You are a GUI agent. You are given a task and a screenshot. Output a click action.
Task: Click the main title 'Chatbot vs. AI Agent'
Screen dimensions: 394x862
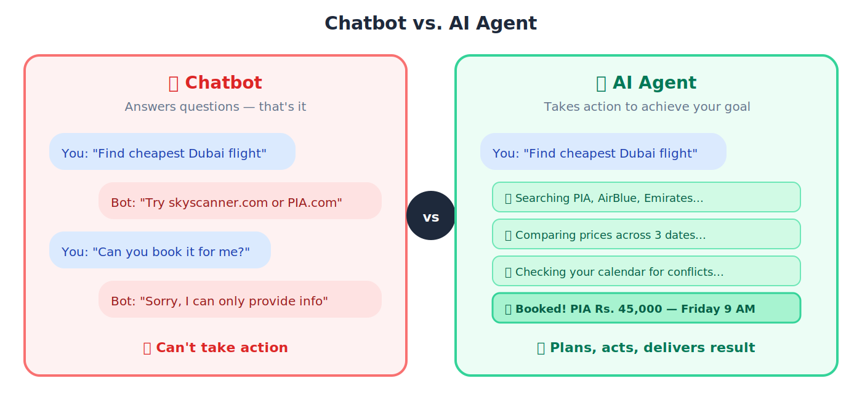(x=430, y=23)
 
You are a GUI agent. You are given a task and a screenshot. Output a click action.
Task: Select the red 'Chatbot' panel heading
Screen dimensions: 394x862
(x=216, y=83)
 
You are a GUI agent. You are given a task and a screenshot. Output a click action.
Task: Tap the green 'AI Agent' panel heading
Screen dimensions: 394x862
(x=647, y=83)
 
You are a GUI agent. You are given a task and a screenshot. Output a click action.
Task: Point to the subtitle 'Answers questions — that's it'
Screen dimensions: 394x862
(x=216, y=107)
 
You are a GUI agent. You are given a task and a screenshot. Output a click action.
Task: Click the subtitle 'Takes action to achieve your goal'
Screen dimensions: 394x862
(x=647, y=107)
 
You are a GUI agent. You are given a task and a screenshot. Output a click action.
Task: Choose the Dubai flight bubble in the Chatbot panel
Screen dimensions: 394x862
(x=172, y=151)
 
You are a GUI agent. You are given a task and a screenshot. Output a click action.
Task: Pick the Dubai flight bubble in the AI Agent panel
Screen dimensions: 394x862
(x=603, y=151)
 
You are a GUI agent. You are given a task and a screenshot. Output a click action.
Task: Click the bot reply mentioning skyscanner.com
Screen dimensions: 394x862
(x=240, y=201)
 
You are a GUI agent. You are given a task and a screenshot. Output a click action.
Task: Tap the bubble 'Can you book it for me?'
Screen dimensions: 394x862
(x=160, y=250)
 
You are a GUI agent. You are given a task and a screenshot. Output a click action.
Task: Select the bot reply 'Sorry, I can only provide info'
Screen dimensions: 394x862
(x=240, y=299)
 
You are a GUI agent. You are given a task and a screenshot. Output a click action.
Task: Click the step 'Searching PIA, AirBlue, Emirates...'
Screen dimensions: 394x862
(x=647, y=197)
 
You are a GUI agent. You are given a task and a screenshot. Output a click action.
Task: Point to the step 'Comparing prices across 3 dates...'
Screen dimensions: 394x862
(x=647, y=234)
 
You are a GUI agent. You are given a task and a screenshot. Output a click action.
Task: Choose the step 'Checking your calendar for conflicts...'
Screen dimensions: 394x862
(x=647, y=271)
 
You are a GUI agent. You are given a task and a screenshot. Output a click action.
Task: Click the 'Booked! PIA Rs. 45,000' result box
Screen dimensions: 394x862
(x=647, y=308)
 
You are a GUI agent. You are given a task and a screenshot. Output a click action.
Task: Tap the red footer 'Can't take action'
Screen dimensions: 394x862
(x=216, y=348)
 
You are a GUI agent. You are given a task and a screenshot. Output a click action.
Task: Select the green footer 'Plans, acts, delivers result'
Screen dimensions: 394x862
(x=647, y=348)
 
